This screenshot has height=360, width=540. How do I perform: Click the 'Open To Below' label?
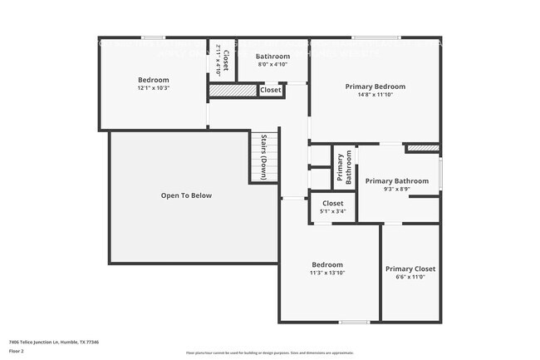(x=186, y=195)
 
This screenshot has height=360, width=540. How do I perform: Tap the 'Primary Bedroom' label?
(x=376, y=86)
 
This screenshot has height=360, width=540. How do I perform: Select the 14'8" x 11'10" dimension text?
(x=376, y=95)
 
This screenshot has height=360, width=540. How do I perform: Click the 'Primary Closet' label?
(x=410, y=269)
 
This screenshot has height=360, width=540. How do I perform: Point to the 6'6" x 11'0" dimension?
(x=410, y=277)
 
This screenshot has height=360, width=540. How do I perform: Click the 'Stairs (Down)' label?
(x=263, y=157)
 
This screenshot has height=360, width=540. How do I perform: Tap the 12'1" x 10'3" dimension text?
(x=153, y=88)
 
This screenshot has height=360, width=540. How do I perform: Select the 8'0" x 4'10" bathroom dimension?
(x=272, y=64)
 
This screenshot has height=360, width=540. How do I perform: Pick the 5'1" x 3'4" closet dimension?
(x=332, y=211)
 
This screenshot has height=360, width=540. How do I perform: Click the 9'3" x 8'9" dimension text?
(x=397, y=189)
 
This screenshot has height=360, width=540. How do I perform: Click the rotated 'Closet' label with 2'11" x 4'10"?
(x=222, y=59)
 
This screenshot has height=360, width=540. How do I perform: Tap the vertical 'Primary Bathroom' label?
(x=344, y=168)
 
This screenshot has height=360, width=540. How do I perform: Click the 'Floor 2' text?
(x=17, y=351)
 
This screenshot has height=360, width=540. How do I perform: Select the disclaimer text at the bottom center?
(x=269, y=353)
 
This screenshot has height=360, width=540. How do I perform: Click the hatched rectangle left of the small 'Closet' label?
(x=232, y=90)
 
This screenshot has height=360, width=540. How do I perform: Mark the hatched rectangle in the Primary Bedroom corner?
(x=422, y=148)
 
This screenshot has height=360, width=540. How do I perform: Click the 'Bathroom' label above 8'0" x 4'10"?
(x=272, y=56)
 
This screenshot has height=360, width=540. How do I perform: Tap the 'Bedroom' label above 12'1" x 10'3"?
(x=153, y=80)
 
